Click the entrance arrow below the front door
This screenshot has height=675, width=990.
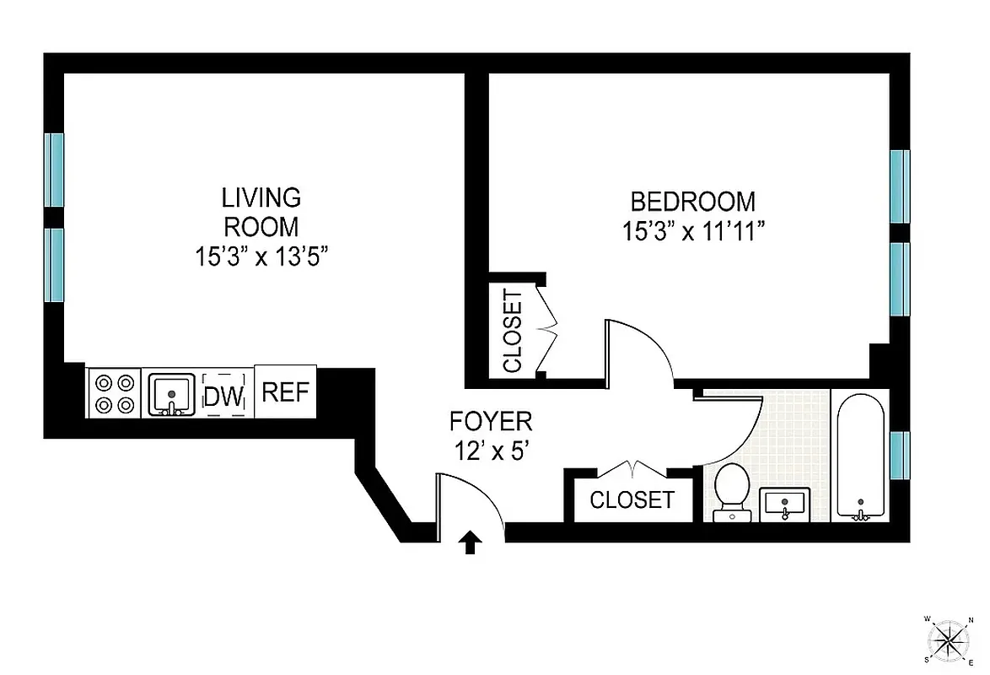[471, 543]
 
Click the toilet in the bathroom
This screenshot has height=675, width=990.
[731, 491]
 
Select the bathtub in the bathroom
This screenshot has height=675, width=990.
[860, 456]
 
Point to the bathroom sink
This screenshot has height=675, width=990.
[785, 505]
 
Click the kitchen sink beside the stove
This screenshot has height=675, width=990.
[172, 395]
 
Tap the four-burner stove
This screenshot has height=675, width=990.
[114, 393]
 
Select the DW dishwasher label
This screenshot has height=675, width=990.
[224, 395]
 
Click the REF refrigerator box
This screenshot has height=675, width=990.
[285, 391]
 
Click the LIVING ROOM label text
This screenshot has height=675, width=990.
[261, 212]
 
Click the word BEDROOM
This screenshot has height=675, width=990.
[692, 202]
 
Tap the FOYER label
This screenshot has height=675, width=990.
[490, 421]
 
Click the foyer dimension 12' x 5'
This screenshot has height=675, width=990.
[490, 451]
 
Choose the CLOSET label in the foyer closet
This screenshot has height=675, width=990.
[632, 500]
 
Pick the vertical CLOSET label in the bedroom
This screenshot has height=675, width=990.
[513, 331]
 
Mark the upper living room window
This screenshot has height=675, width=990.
[54, 170]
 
